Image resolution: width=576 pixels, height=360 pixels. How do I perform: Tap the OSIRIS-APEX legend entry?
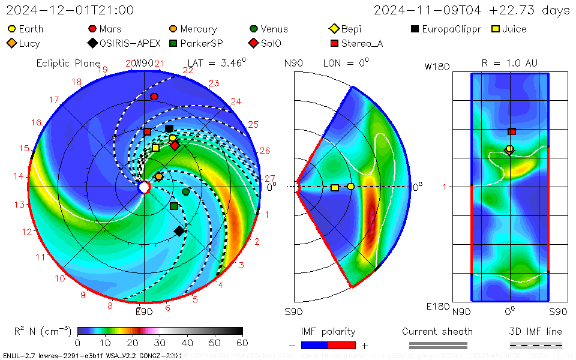coord(125,43)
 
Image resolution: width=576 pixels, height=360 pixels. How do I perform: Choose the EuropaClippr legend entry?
coord(446,29)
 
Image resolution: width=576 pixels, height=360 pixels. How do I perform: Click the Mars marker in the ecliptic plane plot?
coord(154,97)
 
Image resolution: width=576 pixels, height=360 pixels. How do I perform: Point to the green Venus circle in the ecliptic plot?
coord(186,192)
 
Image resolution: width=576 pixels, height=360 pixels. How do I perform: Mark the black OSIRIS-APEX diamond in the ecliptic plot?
coord(179,231)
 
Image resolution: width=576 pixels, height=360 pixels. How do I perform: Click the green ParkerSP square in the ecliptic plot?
coord(173,206)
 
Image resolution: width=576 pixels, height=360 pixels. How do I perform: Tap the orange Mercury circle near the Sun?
coord(158,176)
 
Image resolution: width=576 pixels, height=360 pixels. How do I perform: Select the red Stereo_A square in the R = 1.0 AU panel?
coord(512,131)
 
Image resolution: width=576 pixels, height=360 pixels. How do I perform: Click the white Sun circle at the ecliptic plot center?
coord(144,187)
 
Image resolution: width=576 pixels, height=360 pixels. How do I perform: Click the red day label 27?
coord(269,178)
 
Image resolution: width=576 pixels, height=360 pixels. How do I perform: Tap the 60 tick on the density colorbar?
coord(242,343)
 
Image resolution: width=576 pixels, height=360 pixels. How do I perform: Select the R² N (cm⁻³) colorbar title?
coord(43,331)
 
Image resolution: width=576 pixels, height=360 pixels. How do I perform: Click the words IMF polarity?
coord(328,331)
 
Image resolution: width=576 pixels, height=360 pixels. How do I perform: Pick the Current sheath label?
coord(437,331)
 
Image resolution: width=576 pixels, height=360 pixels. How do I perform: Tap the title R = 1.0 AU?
coord(509,62)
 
